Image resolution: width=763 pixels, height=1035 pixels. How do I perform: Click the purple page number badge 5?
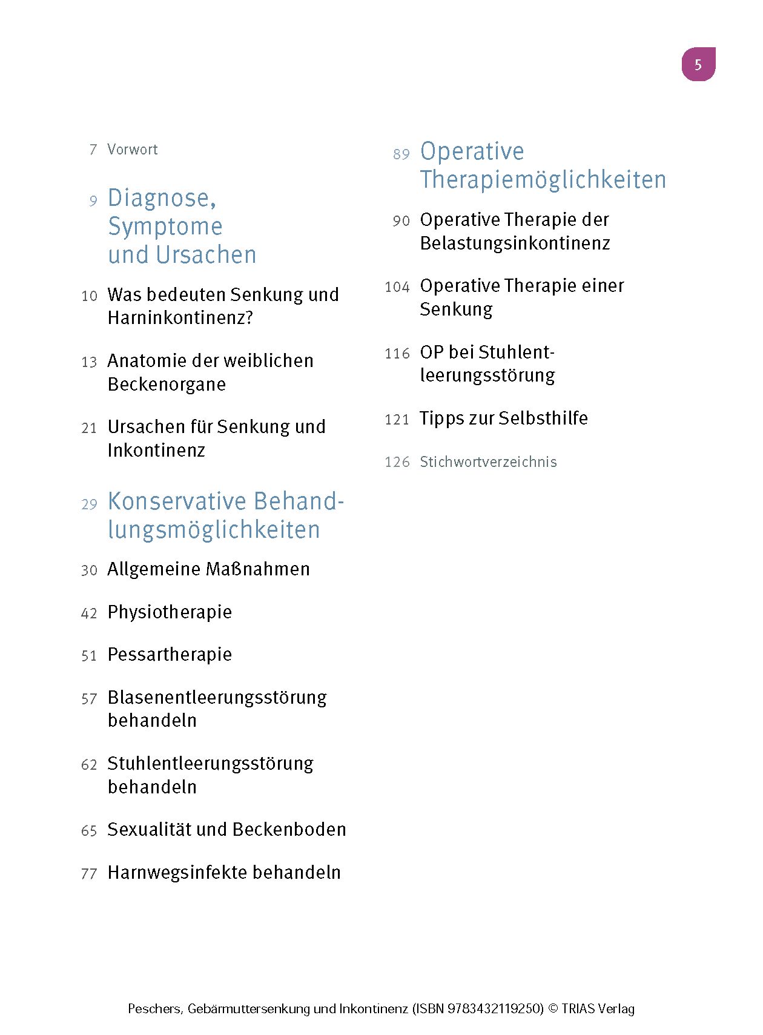pos(698,64)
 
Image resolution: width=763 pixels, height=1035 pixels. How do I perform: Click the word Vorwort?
pos(132,150)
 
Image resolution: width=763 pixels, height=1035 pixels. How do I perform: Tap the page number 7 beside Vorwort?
pos(93,150)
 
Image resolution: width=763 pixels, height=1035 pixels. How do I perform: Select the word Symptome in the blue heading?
pos(165,227)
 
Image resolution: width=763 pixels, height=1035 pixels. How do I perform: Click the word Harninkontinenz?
pos(180,317)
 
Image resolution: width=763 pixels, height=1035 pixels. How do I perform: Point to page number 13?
pos(89,362)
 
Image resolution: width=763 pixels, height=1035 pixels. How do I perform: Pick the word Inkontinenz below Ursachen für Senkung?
pos(156,450)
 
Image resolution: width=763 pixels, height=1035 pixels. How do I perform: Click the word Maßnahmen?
pos(258,569)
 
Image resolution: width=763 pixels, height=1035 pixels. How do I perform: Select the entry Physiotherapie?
pos(170,612)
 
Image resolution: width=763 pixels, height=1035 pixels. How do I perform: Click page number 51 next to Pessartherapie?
pos(89,656)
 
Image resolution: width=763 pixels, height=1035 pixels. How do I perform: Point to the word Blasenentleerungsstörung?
pos(217,698)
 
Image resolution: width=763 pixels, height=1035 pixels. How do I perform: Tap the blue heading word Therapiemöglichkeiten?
pos(543,180)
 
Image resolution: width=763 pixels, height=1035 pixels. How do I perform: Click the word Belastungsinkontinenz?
pos(515,243)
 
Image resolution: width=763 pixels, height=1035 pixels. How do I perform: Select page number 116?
pos(397,354)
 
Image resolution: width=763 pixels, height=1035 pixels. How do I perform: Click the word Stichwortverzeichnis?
pos(488,462)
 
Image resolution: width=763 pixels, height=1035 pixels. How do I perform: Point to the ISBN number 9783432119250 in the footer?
pos(494,1008)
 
